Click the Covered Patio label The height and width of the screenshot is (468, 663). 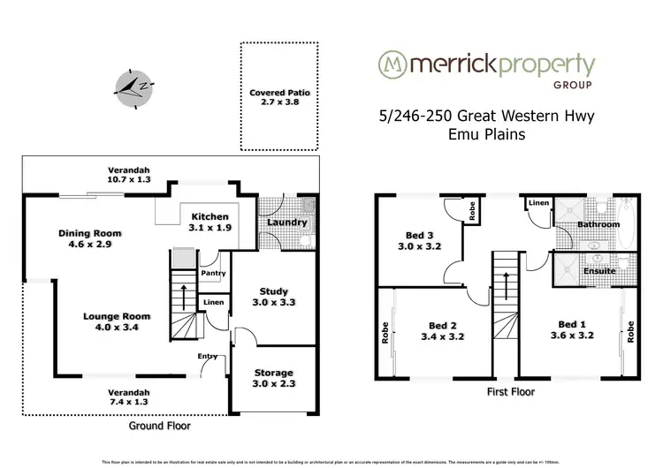(276, 98)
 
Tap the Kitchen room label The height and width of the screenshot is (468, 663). (210, 222)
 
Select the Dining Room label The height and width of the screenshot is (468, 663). (90, 238)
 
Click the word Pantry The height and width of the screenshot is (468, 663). (213, 273)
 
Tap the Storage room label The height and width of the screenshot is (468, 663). (273, 378)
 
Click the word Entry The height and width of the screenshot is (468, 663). (208, 356)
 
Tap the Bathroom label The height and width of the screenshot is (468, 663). (598, 224)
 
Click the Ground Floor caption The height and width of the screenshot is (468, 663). (161, 425)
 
